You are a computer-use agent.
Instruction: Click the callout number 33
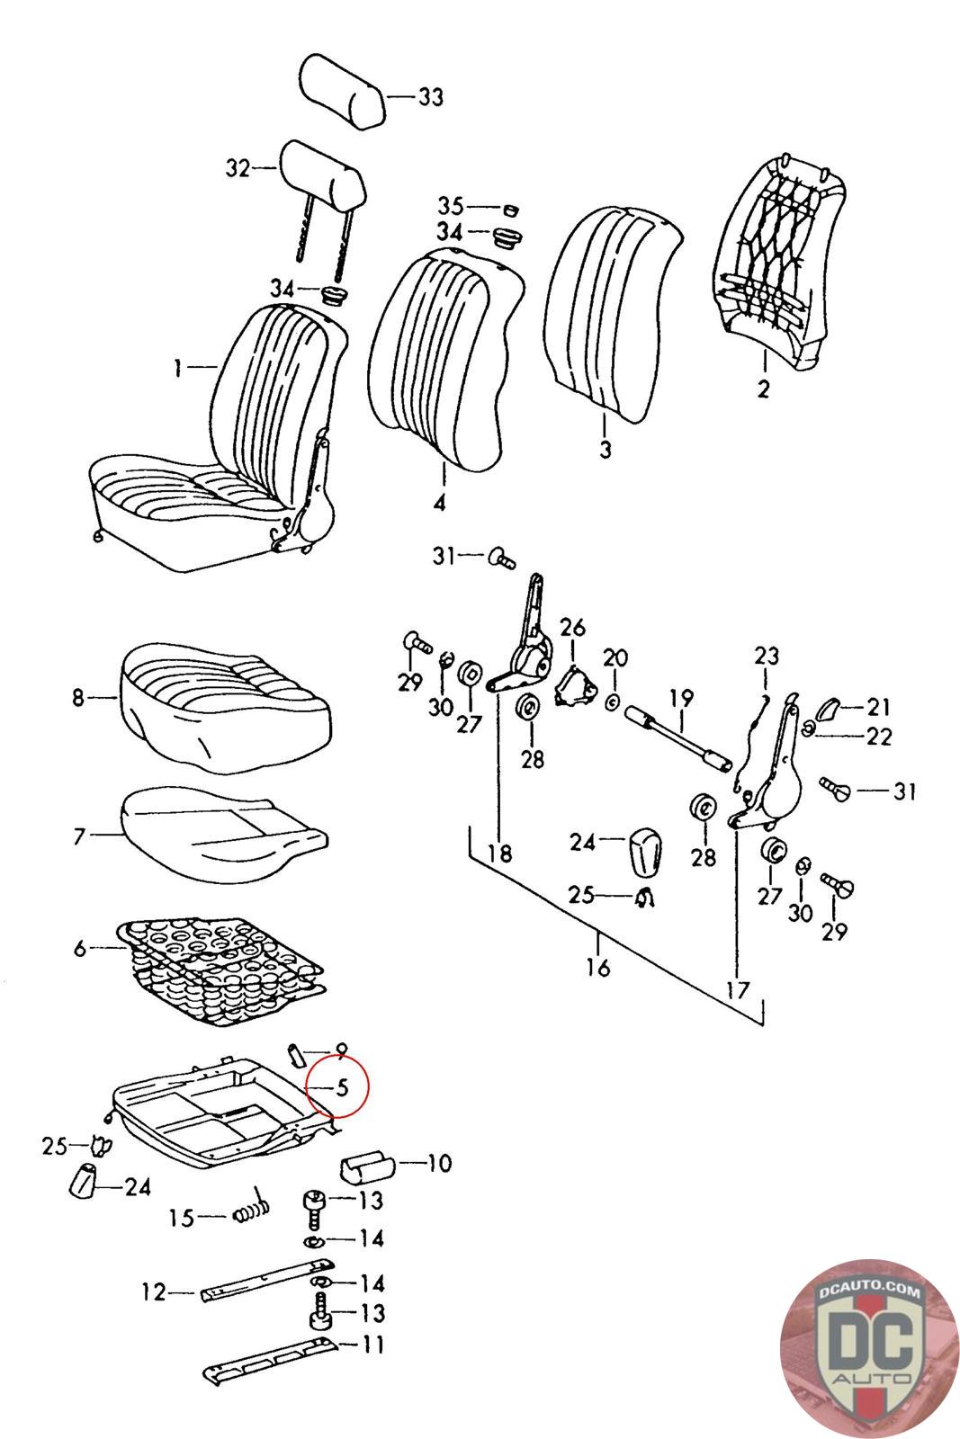(431, 96)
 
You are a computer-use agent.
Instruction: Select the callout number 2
(763, 389)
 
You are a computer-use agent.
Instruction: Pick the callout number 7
(79, 836)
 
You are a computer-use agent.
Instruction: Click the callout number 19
(681, 696)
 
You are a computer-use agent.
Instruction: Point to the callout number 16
(598, 967)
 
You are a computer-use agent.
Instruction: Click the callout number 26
(573, 626)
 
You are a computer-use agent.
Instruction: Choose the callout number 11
(372, 1345)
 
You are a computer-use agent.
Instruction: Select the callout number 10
(438, 1163)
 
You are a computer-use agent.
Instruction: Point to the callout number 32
(238, 168)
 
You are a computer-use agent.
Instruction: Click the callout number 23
(767, 655)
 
